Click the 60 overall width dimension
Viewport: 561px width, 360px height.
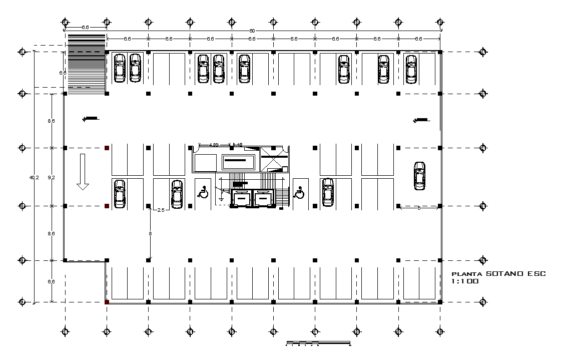(x=252, y=31)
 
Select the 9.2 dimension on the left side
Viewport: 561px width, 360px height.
(x=51, y=177)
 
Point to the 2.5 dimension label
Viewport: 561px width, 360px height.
(x=161, y=210)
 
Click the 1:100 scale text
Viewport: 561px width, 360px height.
(x=465, y=282)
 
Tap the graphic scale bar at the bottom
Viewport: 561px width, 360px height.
(x=318, y=343)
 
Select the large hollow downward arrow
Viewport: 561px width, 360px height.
(x=83, y=172)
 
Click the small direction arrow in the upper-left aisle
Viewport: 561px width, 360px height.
(x=91, y=119)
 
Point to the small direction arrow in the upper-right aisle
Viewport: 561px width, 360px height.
(x=421, y=120)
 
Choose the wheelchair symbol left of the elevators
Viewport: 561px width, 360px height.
(x=204, y=192)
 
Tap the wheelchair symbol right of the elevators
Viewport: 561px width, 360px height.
(x=299, y=192)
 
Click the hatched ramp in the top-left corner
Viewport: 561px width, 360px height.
(x=86, y=64)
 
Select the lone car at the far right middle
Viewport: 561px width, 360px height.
(x=420, y=176)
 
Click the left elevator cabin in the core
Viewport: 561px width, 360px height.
(x=241, y=198)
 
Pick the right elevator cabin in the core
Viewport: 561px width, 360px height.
(x=263, y=198)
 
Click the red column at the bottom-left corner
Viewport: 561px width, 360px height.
(x=107, y=302)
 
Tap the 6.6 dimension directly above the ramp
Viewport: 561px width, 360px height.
(x=85, y=28)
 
